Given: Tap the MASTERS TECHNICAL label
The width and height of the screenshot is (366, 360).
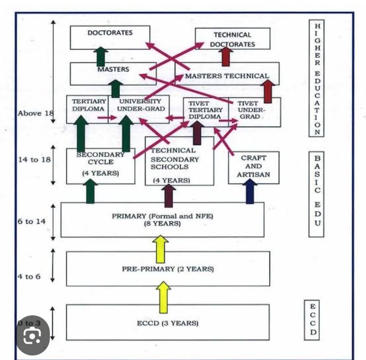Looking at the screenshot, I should coord(227,76).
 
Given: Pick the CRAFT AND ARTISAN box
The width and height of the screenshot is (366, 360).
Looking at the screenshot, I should coord(253,166).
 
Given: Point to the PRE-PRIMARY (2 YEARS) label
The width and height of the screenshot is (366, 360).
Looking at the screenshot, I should coord(168,269).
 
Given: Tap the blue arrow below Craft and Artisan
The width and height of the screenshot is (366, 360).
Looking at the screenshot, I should coord(250,191).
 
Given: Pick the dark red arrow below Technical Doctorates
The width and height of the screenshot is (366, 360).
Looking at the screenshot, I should coord(226,57).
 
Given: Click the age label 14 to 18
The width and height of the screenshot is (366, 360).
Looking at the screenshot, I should coord(34,159).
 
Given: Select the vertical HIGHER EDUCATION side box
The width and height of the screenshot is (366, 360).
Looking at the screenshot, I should coord(317,79).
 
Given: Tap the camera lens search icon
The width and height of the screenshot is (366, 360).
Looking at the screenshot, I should coord(33,336).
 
